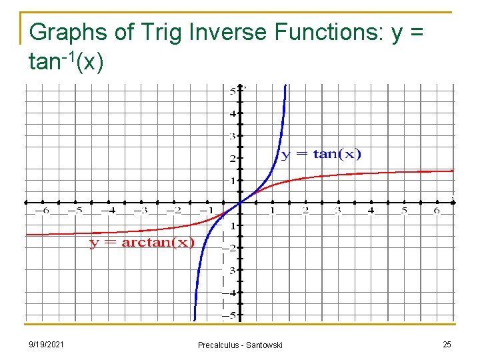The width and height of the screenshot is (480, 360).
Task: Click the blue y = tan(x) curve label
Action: pyautogui.click(x=321, y=155)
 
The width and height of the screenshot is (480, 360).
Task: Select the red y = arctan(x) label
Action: pyautogui.click(x=142, y=242)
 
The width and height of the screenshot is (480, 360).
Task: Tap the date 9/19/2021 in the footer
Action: pyautogui.click(x=47, y=344)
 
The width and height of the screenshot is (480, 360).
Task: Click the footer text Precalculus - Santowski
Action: pyautogui.click(x=240, y=345)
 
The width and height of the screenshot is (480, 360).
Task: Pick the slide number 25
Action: pyautogui.click(x=447, y=344)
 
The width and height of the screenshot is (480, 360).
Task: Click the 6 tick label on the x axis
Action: pyautogui.click(x=437, y=211)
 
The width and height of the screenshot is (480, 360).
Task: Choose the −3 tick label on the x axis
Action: pyautogui.click(x=140, y=211)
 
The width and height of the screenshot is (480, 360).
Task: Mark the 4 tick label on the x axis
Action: pyautogui.click(x=371, y=211)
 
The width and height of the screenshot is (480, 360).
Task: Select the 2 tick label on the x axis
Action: pyautogui.click(x=305, y=211)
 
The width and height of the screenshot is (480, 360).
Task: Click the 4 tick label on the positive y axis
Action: pyautogui.click(x=233, y=113)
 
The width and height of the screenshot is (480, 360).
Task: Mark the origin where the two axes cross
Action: pyautogui.click(x=240, y=202)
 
